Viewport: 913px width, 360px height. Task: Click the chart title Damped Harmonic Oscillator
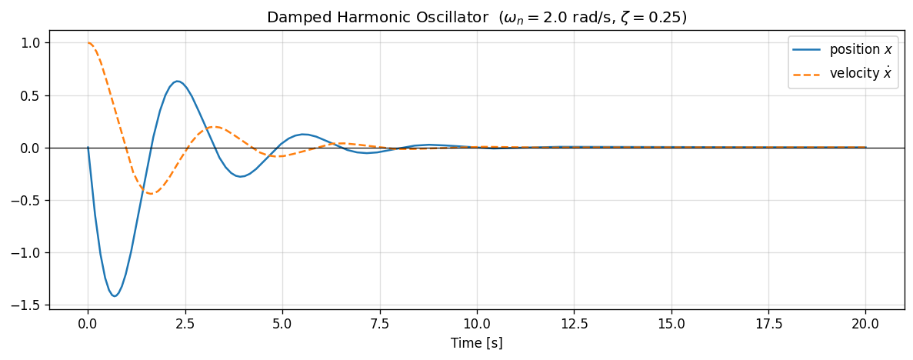(x=476, y=17)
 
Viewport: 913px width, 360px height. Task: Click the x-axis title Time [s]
(x=477, y=343)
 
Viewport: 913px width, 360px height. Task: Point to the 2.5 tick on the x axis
(x=185, y=324)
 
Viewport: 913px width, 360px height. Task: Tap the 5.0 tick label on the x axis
(x=282, y=324)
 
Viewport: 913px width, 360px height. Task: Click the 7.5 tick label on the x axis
(x=380, y=324)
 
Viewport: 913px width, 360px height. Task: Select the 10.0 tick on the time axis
(x=477, y=324)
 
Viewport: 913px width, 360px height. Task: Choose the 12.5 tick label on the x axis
(x=574, y=324)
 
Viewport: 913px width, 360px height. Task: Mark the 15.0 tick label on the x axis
(x=671, y=324)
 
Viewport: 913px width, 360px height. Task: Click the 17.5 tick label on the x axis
(x=768, y=324)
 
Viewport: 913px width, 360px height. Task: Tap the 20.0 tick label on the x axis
(x=865, y=324)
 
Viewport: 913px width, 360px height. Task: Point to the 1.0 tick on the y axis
(x=34, y=43)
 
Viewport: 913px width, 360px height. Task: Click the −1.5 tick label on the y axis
(x=30, y=305)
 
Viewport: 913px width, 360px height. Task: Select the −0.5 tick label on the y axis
(x=30, y=201)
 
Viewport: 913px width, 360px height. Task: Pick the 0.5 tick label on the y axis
(x=34, y=96)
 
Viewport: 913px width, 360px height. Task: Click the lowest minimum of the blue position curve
(x=115, y=296)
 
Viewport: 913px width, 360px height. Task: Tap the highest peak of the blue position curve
(x=177, y=81)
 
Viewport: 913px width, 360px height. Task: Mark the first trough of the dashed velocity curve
(x=150, y=194)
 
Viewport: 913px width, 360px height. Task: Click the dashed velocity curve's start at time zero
(x=88, y=43)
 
